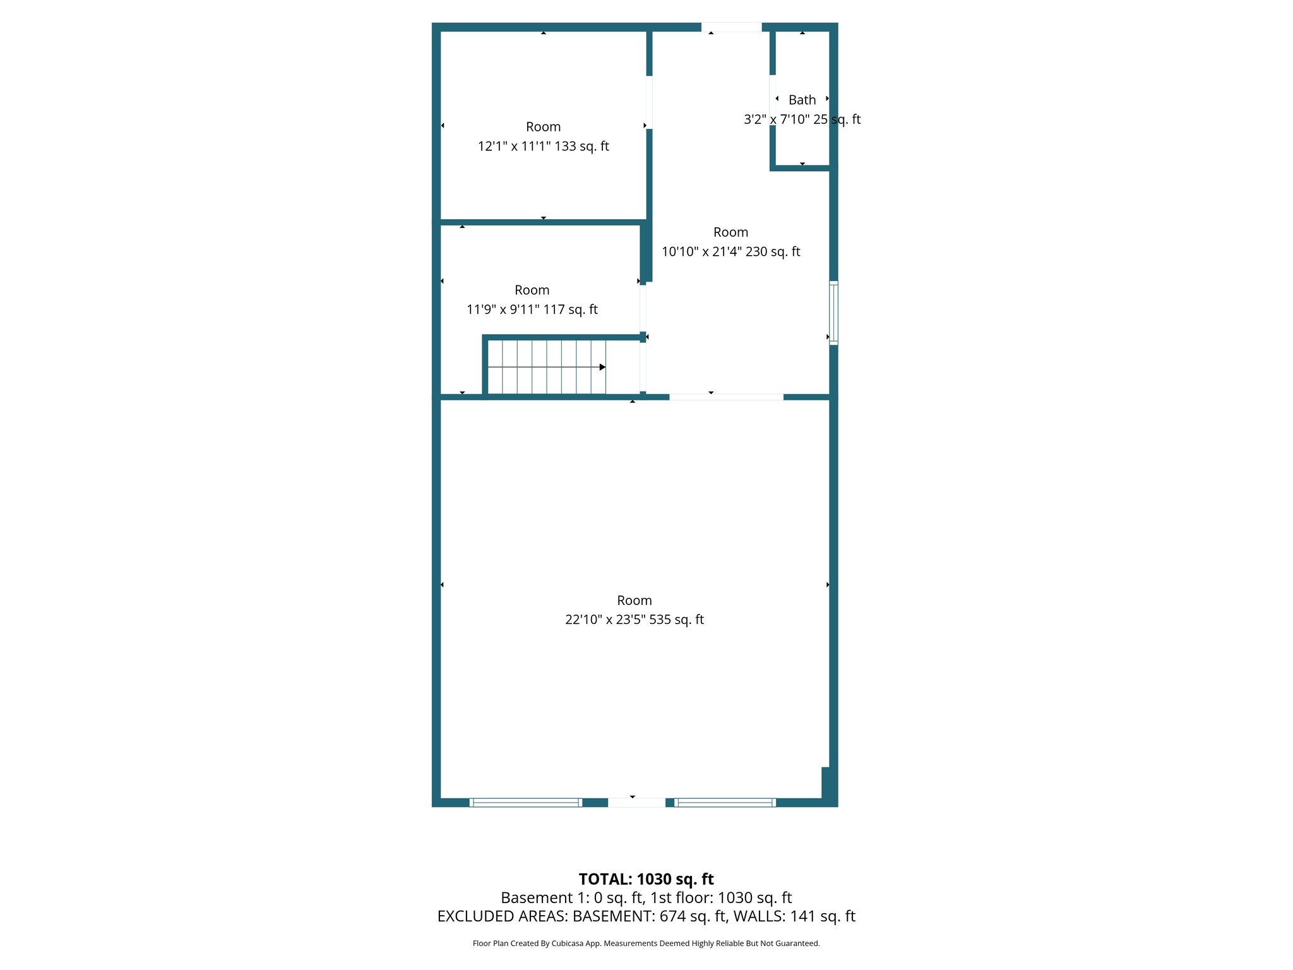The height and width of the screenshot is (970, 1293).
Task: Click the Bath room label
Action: coord(802,100)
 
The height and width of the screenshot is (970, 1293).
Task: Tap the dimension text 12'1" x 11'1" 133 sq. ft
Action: coord(543,147)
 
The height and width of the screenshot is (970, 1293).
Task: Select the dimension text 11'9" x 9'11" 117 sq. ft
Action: coord(532,309)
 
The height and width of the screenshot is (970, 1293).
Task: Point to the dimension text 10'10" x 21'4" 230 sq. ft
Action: coord(730,251)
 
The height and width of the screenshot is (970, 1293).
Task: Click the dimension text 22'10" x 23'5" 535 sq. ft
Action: coord(634,620)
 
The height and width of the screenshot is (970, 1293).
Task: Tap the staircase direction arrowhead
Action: coord(602,367)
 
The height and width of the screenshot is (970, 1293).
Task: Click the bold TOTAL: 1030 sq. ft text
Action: coord(646,879)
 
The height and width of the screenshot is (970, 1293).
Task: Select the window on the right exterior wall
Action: coord(833,313)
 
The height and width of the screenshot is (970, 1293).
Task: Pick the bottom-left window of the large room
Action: coord(526,803)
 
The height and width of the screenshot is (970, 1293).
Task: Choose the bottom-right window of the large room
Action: coord(725,803)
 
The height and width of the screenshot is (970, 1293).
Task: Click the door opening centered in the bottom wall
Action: coord(636,803)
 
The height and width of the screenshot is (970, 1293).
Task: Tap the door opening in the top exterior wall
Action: coord(731,27)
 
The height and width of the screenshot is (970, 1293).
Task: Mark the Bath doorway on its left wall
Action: coord(773,100)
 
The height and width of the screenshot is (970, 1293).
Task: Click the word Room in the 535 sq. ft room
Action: coord(634,601)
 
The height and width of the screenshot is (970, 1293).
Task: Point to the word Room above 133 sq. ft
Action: coord(543,127)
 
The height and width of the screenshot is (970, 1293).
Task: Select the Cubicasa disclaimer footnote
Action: coord(646,943)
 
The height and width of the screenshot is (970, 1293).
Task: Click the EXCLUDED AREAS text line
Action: coord(646,916)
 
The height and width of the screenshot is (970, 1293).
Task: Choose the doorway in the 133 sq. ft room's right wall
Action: coord(649,102)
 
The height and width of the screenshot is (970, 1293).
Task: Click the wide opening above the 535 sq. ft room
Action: coord(726,397)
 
